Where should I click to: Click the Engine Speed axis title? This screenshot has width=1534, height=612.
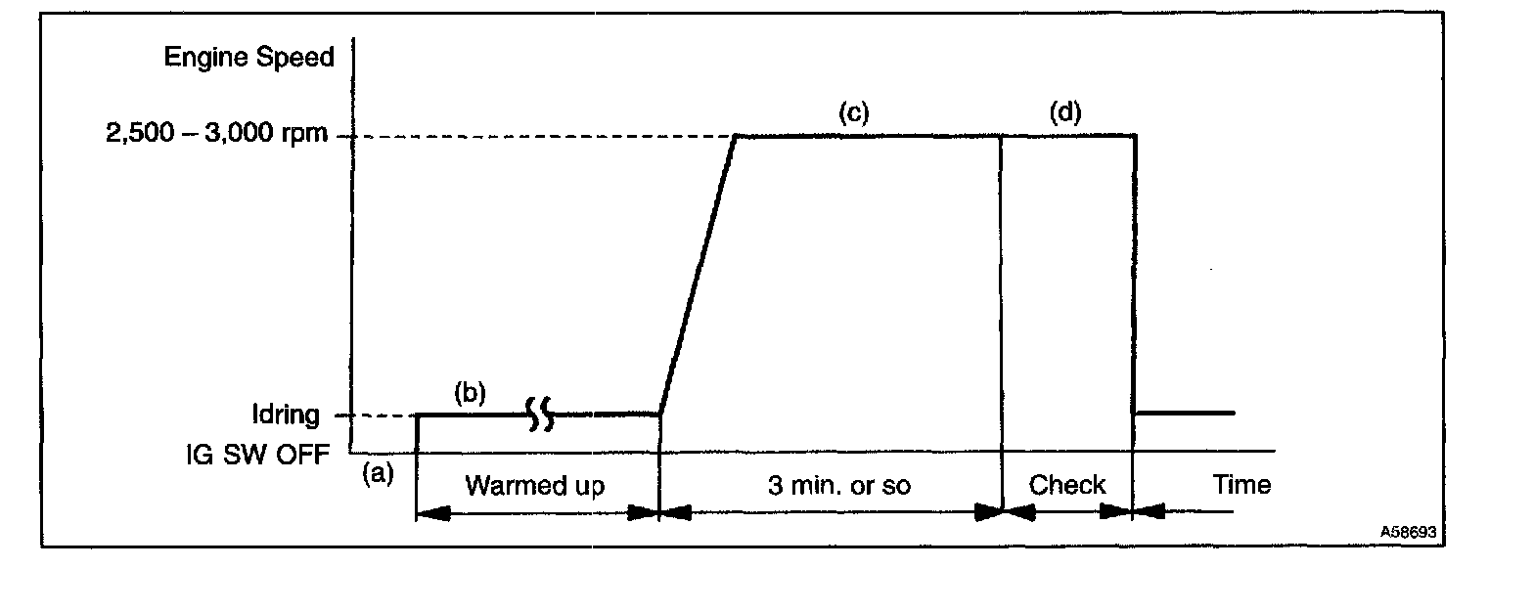pyautogui.click(x=248, y=58)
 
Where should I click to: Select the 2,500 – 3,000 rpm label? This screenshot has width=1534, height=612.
pyautogui.click(x=218, y=136)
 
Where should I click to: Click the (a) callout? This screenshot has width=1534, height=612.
pyautogui.click(x=378, y=474)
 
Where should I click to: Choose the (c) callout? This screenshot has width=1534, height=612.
pyautogui.click(x=853, y=112)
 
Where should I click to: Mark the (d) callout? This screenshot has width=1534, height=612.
pyautogui.click(x=1065, y=112)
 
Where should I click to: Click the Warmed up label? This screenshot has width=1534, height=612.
pyautogui.click(x=534, y=485)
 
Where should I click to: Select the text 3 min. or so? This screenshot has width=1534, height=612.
pyautogui.click(x=838, y=485)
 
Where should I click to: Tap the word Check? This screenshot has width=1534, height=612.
pyautogui.click(x=1067, y=485)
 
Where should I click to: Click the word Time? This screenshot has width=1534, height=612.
pyautogui.click(x=1241, y=484)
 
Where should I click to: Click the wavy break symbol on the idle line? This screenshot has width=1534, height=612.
pyautogui.click(x=540, y=415)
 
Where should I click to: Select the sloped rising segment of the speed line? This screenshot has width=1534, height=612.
pyautogui.click(x=698, y=276)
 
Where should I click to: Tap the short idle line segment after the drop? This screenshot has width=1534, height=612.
pyautogui.click(x=1185, y=414)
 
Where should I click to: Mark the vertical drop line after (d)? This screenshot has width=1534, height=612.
pyautogui.click(x=1134, y=274)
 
